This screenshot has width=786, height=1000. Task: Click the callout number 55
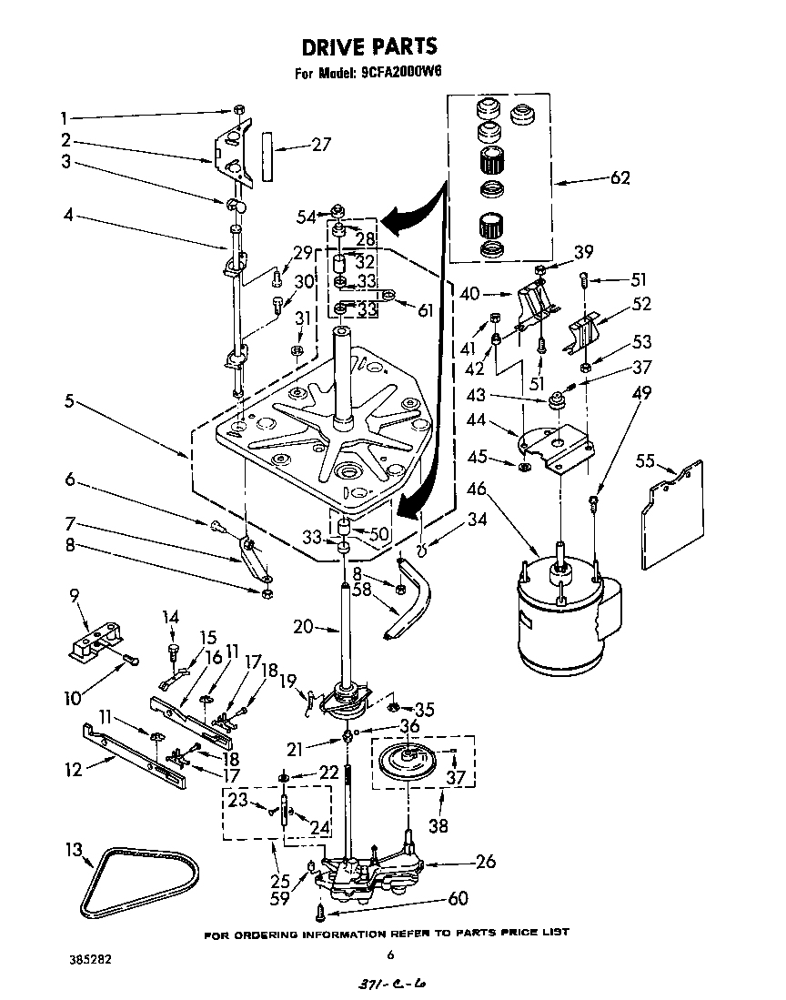pos(645,461)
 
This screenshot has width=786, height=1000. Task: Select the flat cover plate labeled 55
pos(673,514)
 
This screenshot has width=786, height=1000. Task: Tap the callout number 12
pos(73,770)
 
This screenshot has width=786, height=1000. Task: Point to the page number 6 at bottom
pos(390,955)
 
